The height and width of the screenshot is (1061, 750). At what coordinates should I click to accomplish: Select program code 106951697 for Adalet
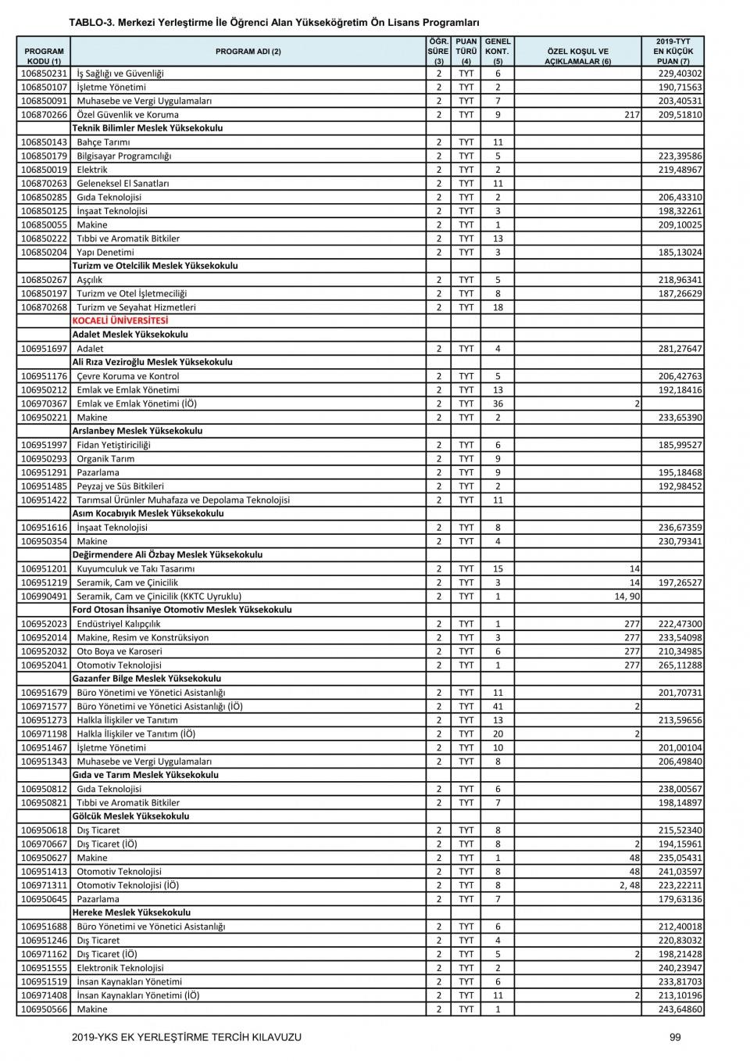[44, 349]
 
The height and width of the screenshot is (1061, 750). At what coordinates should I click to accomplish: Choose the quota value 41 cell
[498, 707]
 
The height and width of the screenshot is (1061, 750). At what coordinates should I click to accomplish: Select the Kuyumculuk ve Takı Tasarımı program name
[135, 569]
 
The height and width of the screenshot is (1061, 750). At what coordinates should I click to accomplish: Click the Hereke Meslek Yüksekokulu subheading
[131, 912]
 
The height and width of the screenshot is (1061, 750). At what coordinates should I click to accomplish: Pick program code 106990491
[44, 597]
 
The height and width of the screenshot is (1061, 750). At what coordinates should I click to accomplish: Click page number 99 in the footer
[675, 1038]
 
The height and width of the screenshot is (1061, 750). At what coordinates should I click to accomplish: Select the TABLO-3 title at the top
[273, 23]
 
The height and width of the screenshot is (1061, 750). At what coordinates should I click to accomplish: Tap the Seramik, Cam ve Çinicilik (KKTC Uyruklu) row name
[159, 597]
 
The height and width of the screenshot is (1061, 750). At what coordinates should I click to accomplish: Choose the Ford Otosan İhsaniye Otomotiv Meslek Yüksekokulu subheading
[182, 610]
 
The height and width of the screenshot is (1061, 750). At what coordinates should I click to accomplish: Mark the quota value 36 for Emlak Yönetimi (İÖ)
[498, 404]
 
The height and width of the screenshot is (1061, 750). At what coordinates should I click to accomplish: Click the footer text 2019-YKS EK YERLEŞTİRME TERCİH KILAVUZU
[186, 1038]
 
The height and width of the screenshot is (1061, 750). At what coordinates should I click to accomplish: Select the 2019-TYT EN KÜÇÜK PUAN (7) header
[673, 52]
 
